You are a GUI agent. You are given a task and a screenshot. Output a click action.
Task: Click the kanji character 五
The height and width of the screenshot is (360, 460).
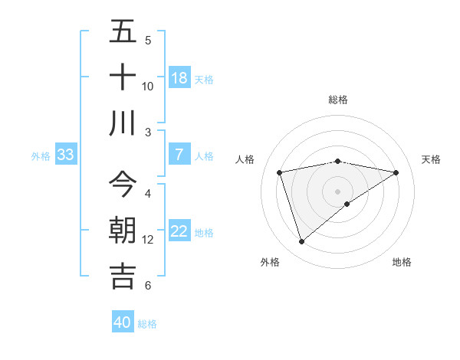[123, 31]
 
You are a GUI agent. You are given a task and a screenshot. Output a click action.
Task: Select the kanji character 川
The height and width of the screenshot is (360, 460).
[123, 123]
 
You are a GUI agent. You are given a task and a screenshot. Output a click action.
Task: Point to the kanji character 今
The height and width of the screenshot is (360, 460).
[123, 185]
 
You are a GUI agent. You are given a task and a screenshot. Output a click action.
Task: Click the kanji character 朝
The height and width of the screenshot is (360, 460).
[123, 231]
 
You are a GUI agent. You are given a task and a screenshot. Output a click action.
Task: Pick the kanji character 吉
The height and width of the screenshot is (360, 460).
[123, 276]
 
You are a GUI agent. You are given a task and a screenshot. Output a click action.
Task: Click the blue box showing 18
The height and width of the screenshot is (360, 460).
[179, 78]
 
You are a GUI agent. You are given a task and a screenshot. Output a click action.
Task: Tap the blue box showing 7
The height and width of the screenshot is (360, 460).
[179, 155]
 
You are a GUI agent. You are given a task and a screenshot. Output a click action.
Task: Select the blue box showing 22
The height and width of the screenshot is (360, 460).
[179, 232]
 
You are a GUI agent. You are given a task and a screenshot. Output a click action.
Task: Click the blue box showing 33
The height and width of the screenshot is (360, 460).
[65, 155]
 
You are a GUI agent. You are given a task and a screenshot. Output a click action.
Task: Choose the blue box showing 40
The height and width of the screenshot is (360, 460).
[123, 322]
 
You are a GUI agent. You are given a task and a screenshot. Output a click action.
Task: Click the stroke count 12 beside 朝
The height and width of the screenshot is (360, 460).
[148, 240]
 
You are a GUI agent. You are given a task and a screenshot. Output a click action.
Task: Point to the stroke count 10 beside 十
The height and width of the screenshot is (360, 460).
[148, 86]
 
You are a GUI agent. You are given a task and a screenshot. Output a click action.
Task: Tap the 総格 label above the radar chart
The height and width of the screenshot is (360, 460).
[338, 100]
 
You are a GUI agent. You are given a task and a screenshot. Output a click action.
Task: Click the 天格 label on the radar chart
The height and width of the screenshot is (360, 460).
[431, 159]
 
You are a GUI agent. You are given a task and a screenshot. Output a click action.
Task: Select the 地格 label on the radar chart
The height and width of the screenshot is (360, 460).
[402, 262]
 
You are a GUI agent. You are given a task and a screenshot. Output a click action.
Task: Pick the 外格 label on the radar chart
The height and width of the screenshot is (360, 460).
[270, 262]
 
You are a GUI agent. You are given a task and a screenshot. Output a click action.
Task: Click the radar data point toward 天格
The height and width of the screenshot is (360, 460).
[396, 172]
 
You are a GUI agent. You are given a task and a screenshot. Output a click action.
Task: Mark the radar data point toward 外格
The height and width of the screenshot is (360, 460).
[301, 242]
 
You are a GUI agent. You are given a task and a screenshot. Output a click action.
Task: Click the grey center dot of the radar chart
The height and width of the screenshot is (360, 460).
[338, 191]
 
